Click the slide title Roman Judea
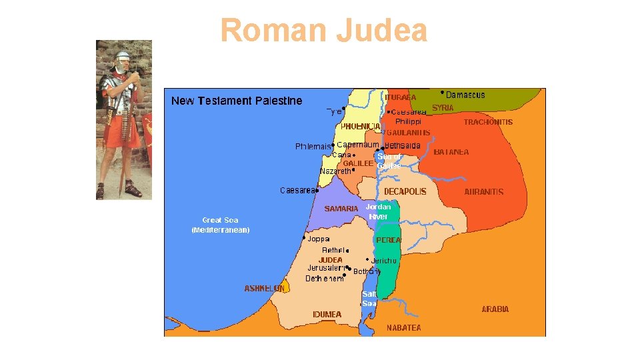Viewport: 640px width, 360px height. tap(323, 30)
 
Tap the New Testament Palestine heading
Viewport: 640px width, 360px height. tap(237, 101)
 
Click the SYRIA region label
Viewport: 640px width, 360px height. tap(443, 107)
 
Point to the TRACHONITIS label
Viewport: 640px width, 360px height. tap(488, 122)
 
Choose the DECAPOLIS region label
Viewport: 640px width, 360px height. tap(405, 191)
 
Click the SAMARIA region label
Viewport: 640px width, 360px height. tap(341, 209)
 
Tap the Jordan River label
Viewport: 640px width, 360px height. tap(378, 212)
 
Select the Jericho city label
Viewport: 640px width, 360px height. tap(384, 261)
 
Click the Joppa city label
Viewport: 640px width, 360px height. tap(319, 239)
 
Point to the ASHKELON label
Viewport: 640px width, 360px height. tap(264, 288)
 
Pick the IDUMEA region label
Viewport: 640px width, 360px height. tap(327, 314)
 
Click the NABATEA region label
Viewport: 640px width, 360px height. tap(404, 327)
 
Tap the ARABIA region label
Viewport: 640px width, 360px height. tap(495, 309)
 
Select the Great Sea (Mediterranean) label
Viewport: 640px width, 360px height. tap(221, 225)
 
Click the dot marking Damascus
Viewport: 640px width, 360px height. tap(443, 92)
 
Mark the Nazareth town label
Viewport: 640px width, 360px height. tap(335, 171)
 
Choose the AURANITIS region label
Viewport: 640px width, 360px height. tap(484, 191)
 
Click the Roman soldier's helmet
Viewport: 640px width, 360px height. tap(123, 56)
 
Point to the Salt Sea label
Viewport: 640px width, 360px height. tap(369, 298)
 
